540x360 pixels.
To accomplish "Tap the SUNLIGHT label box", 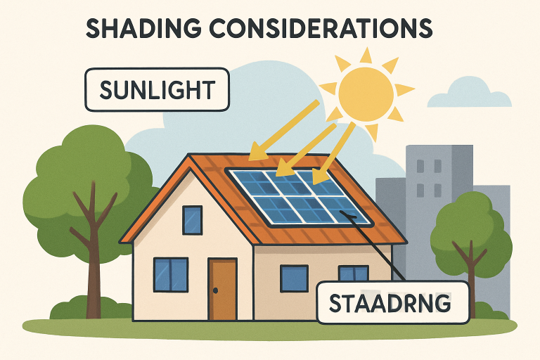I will pos(157,90).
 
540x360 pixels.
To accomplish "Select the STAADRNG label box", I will pos(392,302).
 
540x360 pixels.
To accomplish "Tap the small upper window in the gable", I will pos(192,220).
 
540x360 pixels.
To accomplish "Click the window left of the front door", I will pos(171,274).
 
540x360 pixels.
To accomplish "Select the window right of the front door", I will pos(294,278).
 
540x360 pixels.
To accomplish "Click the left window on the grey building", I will pos(420,167).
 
